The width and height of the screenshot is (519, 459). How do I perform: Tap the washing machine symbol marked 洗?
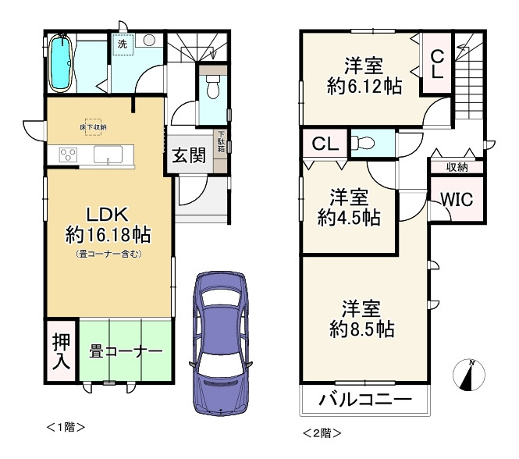tap(123, 44)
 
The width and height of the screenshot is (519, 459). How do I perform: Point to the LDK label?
tap(96, 215)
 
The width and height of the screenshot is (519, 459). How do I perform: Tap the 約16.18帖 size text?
tap(108, 235)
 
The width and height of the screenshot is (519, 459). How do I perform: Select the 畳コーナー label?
tap(125, 351)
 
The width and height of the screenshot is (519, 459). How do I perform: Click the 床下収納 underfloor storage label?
tap(93, 126)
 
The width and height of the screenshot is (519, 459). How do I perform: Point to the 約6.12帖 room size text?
tap(364, 87)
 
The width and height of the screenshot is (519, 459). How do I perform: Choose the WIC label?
tap(456, 199)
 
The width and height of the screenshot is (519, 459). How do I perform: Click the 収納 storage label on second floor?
tap(457, 167)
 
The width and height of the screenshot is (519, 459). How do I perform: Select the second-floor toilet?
tap(364, 142)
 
